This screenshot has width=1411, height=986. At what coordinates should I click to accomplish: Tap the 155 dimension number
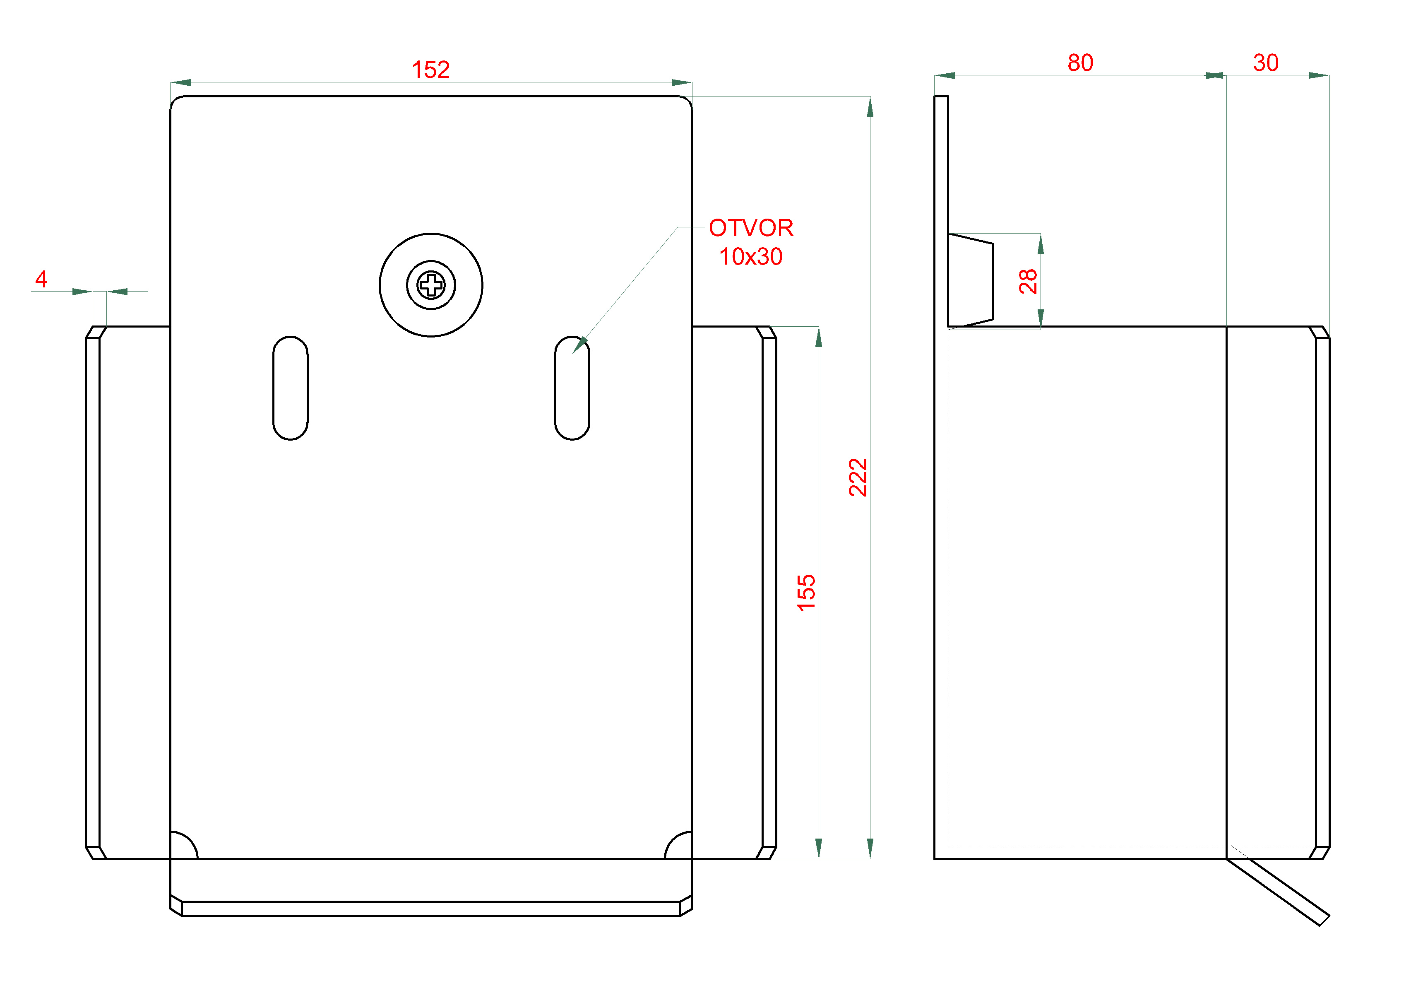coord(806,593)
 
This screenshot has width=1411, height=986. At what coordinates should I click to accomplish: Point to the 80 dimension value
coord(1080,63)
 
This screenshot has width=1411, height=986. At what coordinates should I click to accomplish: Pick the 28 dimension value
coord(1028,282)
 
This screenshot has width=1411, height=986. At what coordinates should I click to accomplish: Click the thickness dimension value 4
coord(41,279)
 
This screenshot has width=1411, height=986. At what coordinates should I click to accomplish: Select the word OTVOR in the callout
coord(751,228)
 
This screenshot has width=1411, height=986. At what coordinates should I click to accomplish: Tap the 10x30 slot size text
coord(750,256)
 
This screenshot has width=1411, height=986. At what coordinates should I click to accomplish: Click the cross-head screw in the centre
coord(431,284)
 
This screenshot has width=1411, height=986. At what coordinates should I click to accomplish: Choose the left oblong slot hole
coord(290,388)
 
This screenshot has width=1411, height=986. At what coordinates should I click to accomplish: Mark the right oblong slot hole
coord(572,388)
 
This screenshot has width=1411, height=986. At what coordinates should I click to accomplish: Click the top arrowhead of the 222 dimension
coord(870,106)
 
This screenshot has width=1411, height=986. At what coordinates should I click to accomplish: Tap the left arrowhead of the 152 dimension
coord(181,82)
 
